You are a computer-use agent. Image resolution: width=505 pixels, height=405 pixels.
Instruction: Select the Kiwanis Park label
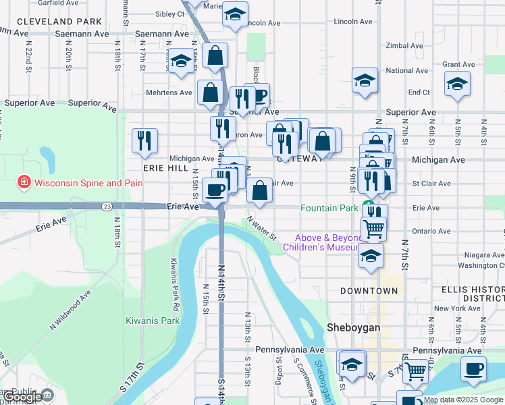153,321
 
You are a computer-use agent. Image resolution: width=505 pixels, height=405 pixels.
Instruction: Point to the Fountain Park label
329,208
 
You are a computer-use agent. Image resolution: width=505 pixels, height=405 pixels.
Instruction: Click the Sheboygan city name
354,327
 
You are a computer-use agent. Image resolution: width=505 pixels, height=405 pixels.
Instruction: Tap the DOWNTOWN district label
369,290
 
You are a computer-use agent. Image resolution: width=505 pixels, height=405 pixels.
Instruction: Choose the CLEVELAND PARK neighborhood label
59,22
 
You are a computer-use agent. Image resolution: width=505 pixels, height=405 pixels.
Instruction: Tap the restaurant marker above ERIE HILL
145,140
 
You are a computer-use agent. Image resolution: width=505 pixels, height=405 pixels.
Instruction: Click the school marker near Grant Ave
457,84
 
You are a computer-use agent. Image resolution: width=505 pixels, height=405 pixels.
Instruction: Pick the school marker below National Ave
365,80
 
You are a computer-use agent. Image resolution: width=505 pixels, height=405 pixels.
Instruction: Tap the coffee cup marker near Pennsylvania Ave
474,369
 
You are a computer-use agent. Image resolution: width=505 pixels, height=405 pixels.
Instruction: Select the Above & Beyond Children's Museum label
328,242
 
